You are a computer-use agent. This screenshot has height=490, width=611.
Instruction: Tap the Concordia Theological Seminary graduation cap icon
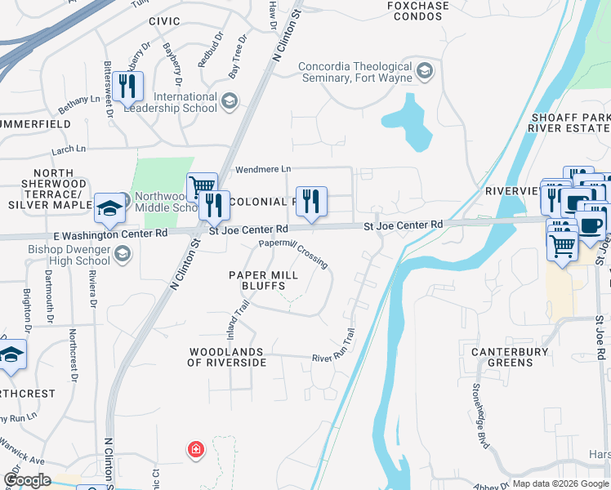point(425,72)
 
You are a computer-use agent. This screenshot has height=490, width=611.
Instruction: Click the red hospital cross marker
point(195,448)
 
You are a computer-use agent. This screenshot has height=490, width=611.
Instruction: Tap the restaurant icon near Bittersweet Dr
point(128,86)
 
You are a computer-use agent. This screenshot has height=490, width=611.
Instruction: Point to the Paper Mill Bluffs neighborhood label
point(257,280)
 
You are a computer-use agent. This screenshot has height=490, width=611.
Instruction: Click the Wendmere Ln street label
point(263,169)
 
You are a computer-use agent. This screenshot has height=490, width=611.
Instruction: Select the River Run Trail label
point(334,346)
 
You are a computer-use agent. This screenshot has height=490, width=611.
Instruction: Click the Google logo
point(27,480)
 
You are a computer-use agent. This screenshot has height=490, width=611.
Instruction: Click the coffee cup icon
point(591,224)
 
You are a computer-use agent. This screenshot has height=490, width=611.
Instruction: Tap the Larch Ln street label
point(69,149)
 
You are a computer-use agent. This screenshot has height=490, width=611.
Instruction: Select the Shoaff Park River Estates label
point(569,122)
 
